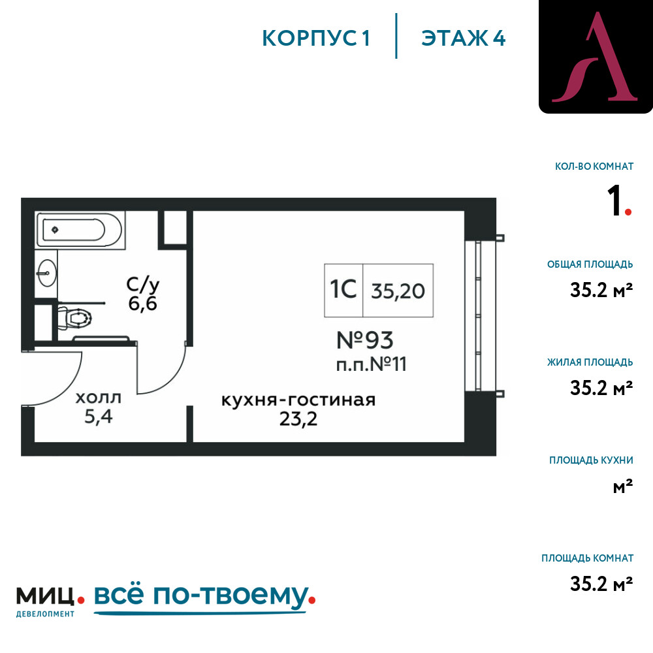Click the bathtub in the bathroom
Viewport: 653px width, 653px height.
coord(80,231)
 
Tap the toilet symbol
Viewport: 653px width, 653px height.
coord(74,319)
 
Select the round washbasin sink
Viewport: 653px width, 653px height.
coord(46,273)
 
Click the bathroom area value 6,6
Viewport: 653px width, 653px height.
coord(142,304)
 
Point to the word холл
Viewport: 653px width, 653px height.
coord(99,398)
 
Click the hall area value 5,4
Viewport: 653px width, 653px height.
coord(99,417)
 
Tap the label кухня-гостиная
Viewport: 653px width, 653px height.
coord(298,400)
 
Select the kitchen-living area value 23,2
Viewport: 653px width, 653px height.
coord(298,419)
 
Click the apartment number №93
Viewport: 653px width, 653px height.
coord(365,340)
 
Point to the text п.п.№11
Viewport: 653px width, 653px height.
coord(371,364)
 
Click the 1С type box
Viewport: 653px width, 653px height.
coord(343,291)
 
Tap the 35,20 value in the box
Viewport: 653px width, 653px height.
coord(398,291)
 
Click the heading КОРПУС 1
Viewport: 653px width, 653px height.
coord(316,39)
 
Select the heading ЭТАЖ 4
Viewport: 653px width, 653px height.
coord(464,39)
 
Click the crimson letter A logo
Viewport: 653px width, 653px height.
coord(595,57)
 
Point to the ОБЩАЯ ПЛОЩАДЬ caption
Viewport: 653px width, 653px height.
coord(590,264)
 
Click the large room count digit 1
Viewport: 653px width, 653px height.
coord(614,200)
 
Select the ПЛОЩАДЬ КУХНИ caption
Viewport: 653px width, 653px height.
coord(591,460)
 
